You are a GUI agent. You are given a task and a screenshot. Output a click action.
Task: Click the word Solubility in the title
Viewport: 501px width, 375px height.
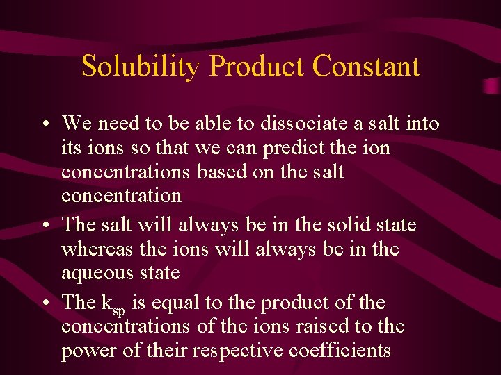142,67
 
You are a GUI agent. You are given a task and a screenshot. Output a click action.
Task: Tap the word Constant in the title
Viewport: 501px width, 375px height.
366,67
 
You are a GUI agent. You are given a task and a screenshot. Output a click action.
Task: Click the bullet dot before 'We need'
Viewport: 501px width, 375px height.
44,125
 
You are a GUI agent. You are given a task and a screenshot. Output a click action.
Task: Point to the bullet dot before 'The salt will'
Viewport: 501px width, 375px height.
44,226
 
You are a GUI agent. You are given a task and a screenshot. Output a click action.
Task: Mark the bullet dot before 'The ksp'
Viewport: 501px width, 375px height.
44,304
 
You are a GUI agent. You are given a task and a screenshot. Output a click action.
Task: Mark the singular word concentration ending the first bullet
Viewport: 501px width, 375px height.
121,196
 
